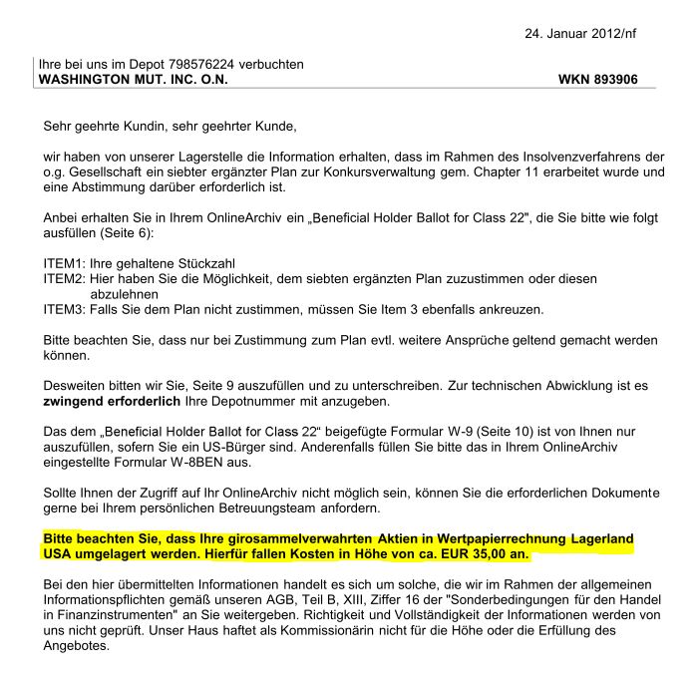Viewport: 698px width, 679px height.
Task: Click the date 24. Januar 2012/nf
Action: click(x=579, y=33)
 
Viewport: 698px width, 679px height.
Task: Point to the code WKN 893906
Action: click(x=597, y=79)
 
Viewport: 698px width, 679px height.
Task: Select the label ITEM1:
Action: click(x=63, y=264)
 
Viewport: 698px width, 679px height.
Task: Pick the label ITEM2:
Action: click(x=63, y=280)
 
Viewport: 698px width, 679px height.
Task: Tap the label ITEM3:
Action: click(x=63, y=310)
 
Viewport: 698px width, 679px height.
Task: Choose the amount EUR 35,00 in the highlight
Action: click(x=478, y=553)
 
